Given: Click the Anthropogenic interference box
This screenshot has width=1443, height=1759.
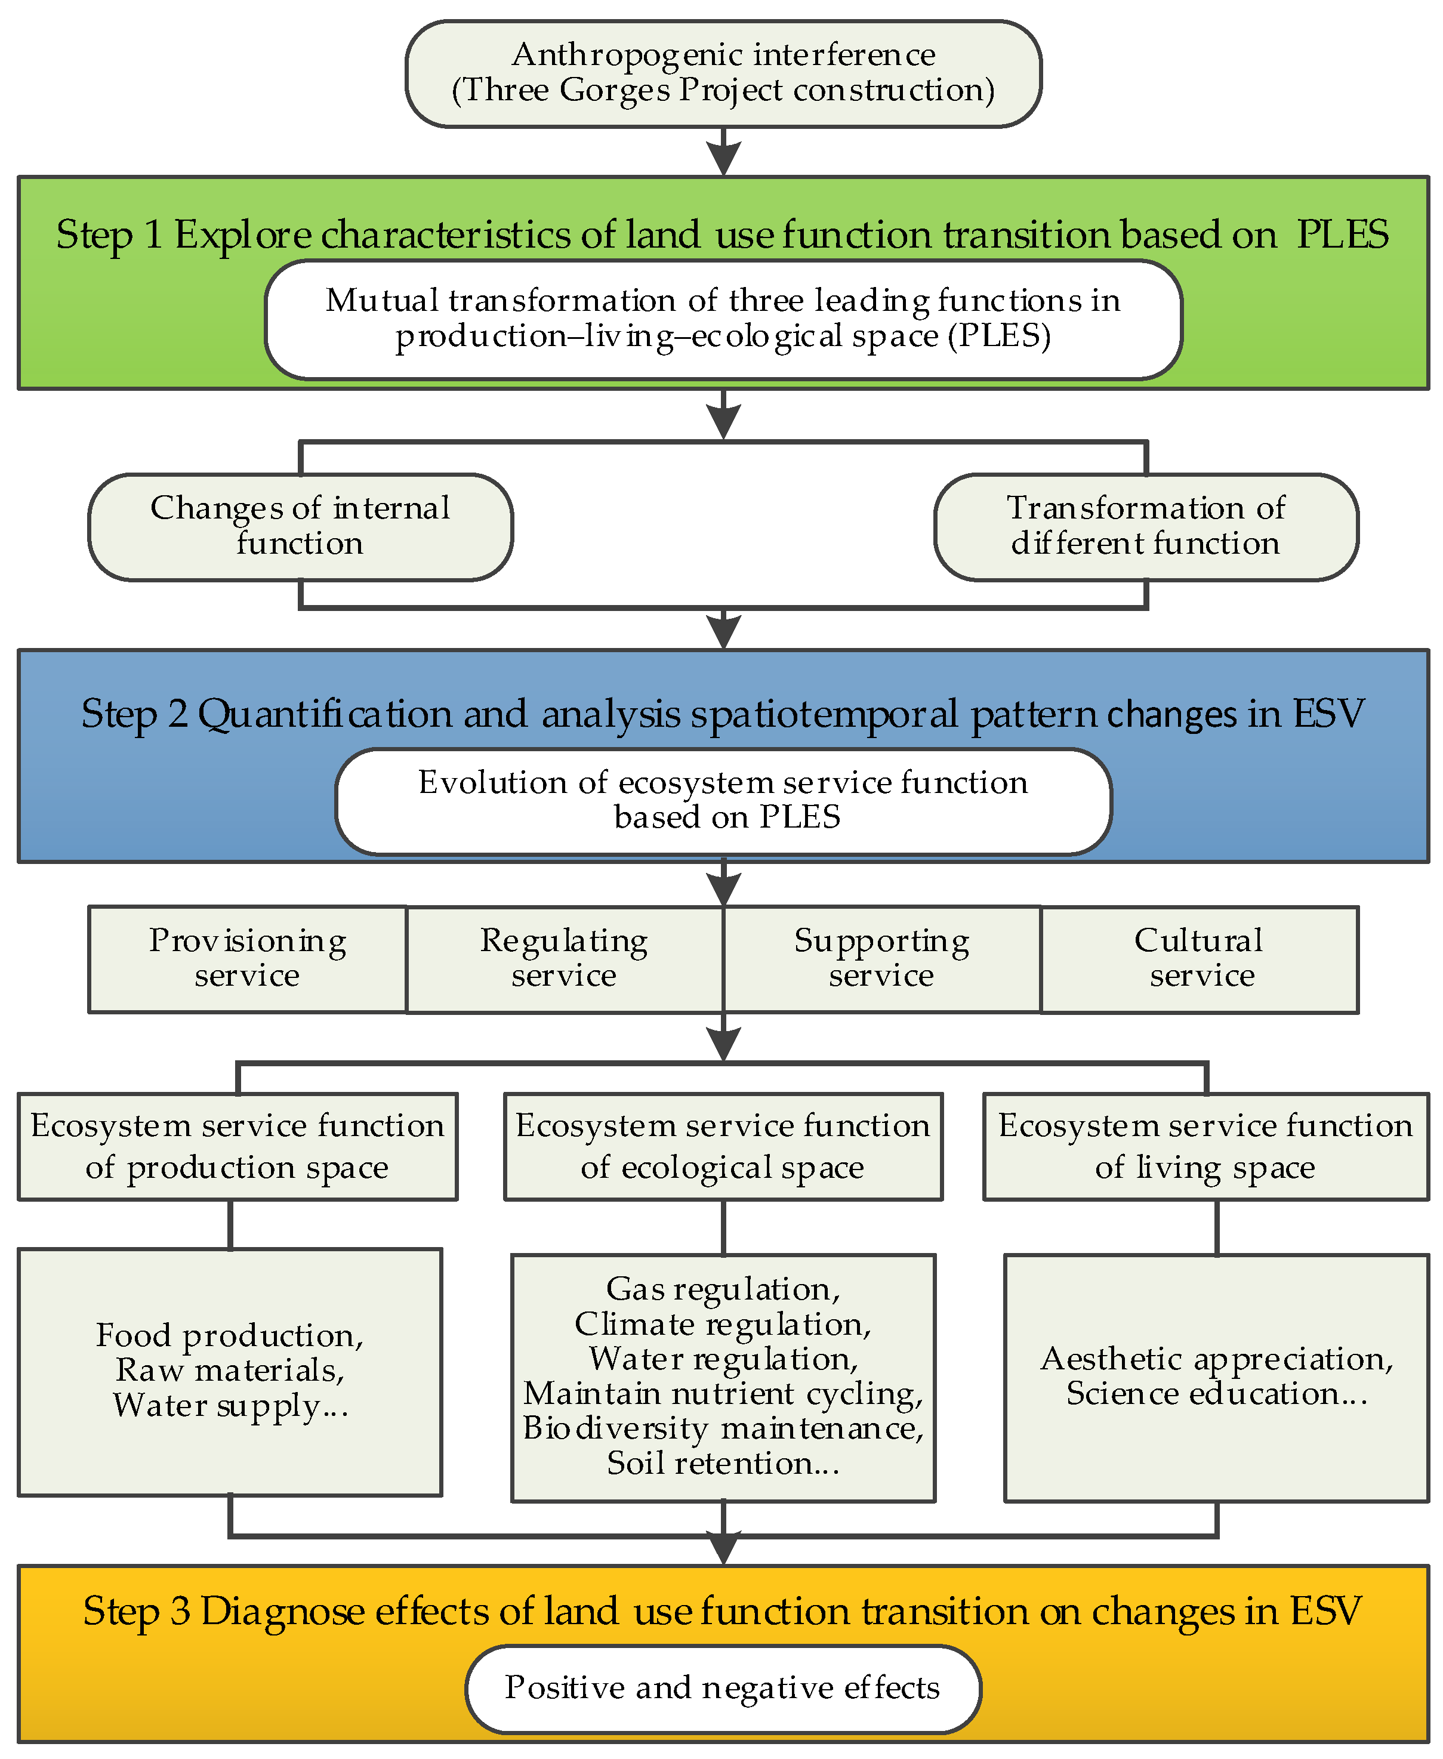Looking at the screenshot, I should coord(723,73).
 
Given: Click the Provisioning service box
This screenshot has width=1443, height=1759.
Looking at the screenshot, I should coord(248,959).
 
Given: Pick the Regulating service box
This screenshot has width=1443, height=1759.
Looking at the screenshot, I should coord(565,959).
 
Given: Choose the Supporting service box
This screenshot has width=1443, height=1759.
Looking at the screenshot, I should coord(882,959).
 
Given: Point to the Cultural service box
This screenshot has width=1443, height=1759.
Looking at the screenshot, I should coord(1200,959).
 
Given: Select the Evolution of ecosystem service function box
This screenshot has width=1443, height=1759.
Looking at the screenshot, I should coord(723,801).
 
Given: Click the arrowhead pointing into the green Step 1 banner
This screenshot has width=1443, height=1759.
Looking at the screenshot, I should coord(724,158).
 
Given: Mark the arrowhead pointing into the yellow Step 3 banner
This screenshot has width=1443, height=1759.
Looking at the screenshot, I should coord(724,1548).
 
